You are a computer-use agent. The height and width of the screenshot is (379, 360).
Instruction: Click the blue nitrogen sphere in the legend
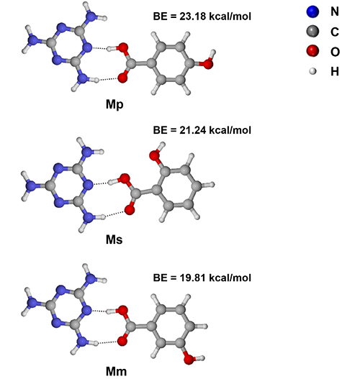pyautogui.click(x=312, y=12)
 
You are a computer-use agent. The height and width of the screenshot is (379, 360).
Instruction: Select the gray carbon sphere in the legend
pyautogui.click(x=312, y=32)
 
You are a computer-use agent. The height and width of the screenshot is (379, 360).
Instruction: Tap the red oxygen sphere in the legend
pyautogui.click(x=312, y=51)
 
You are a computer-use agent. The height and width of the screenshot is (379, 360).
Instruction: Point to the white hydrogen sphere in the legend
pyautogui.click(x=312, y=71)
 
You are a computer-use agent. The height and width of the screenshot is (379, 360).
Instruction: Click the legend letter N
pyautogui.click(x=335, y=12)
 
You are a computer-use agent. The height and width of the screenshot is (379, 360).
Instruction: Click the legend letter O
pyautogui.click(x=335, y=52)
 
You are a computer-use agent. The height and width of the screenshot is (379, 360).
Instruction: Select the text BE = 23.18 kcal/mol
pyautogui.click(x=202, y=17)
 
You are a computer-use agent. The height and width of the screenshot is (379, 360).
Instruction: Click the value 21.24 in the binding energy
pyautogui.click(x=193, y=130)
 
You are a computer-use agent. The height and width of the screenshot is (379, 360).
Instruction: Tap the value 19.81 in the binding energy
pyautogui.click(x=193, y=278)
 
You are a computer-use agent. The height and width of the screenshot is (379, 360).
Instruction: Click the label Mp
pyautogui.click(x=114, y=105)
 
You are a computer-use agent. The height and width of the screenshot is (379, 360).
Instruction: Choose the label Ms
pyautogui.click(x=114, y=239)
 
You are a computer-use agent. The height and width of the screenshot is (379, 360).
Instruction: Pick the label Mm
pyautogui.click(x=116, y=371)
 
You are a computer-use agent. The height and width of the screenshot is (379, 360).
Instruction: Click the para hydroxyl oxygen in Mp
pyautogui.click(x=208, y=64)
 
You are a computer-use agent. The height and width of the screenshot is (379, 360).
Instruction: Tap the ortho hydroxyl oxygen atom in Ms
pyautogui.click(x=154, y=155)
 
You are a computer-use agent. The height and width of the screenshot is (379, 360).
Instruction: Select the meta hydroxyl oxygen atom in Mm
pyautogui.click(x=189, y=359)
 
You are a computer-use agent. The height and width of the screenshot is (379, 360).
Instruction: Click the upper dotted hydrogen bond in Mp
pyautogui.click(x=99, y=48)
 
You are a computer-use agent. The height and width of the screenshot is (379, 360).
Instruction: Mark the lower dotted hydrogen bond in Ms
pyautogui.click(x=115, y=214)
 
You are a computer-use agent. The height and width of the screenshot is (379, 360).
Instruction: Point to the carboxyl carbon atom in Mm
pyautogui.click(x=131, y=327)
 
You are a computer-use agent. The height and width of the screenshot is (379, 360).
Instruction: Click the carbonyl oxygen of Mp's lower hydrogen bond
pyautogui.click(x=122, y=78)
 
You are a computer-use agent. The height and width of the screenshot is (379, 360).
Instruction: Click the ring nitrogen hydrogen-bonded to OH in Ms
pyautogui.click(x=88, y=185)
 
